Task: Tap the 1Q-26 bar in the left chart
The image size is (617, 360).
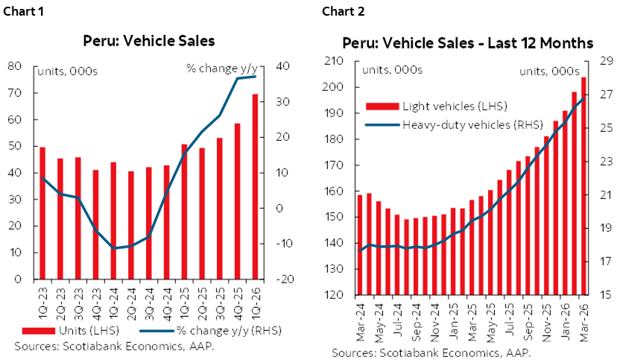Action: click(x=255, y=186)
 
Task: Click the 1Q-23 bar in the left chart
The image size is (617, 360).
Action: click(x=42, y=213)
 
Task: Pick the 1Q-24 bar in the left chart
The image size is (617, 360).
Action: click(x=114, y=221)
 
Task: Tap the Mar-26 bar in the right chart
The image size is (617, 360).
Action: click(x=583, y=186)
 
